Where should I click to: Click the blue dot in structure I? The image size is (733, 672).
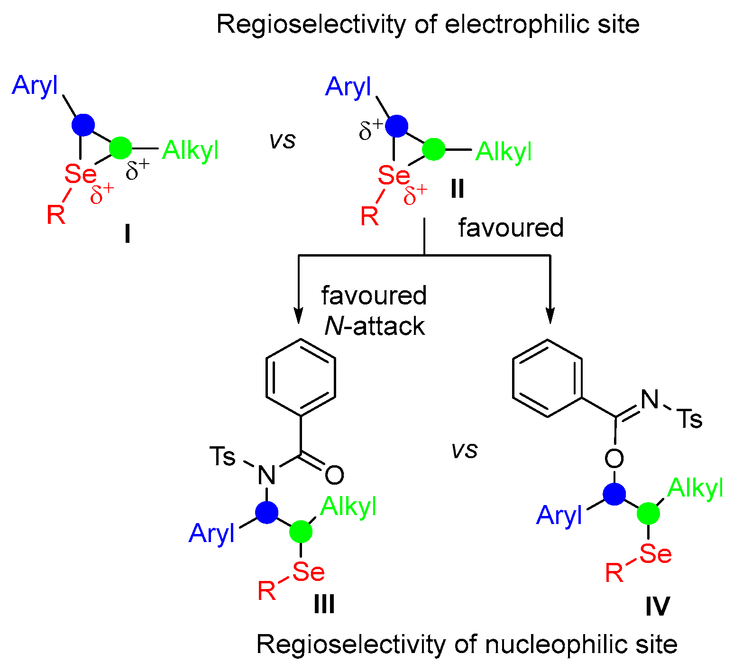pyautogui.click(x=83, y=125)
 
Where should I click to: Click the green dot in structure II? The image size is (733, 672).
pyautogui.click(x=433, y=149)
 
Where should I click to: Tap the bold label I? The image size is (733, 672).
pyautogui.click(x=127, y=234)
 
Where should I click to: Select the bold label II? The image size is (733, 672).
pyautogui.click(x=457, y=189)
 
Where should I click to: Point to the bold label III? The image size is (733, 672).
pyautogui.click(x=324, y=605)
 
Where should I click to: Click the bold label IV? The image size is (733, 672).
pyautogui.click(x=658, y=607)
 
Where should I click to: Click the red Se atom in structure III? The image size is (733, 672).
pyautogui.click(x=308, y=572)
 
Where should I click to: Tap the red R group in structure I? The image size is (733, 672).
pyautogui.click(x=55, y=215)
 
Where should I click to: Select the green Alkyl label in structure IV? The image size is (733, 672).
pyautogui.click(x=695, y=488)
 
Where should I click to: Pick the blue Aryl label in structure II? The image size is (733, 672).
pyautogui.click(x=348, y=87)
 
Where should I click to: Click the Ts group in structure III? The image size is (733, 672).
pyautogui.click(x=222, y=457)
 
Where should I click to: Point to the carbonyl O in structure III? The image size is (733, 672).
pyautogui.click(x=334, y=475)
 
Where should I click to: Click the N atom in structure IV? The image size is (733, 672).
pyautogui.click(x=650, y=399)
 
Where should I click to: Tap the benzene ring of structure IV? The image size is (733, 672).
pyautogui.click(x=548, y=378)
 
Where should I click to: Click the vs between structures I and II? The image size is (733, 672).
pyautogui.click(x=283, y=140)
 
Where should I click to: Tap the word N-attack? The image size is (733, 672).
pyautogui.click(x=375, y=326)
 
